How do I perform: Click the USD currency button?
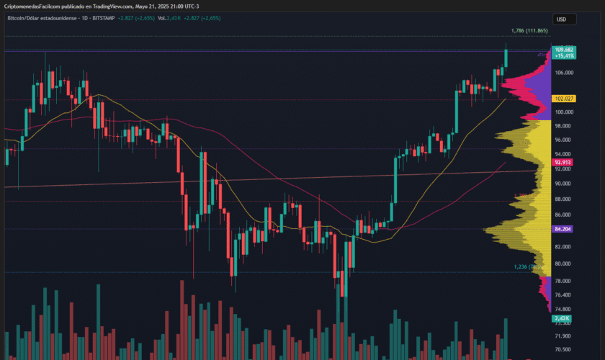click(561, 19)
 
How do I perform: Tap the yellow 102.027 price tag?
click(563, 98)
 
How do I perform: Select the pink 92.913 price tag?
click(563, 163)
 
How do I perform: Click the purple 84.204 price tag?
click(563, 229)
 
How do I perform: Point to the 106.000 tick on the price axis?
click(563, 73)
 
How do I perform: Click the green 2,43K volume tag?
click(562, 318)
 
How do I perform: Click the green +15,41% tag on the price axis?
click(563, 55)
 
